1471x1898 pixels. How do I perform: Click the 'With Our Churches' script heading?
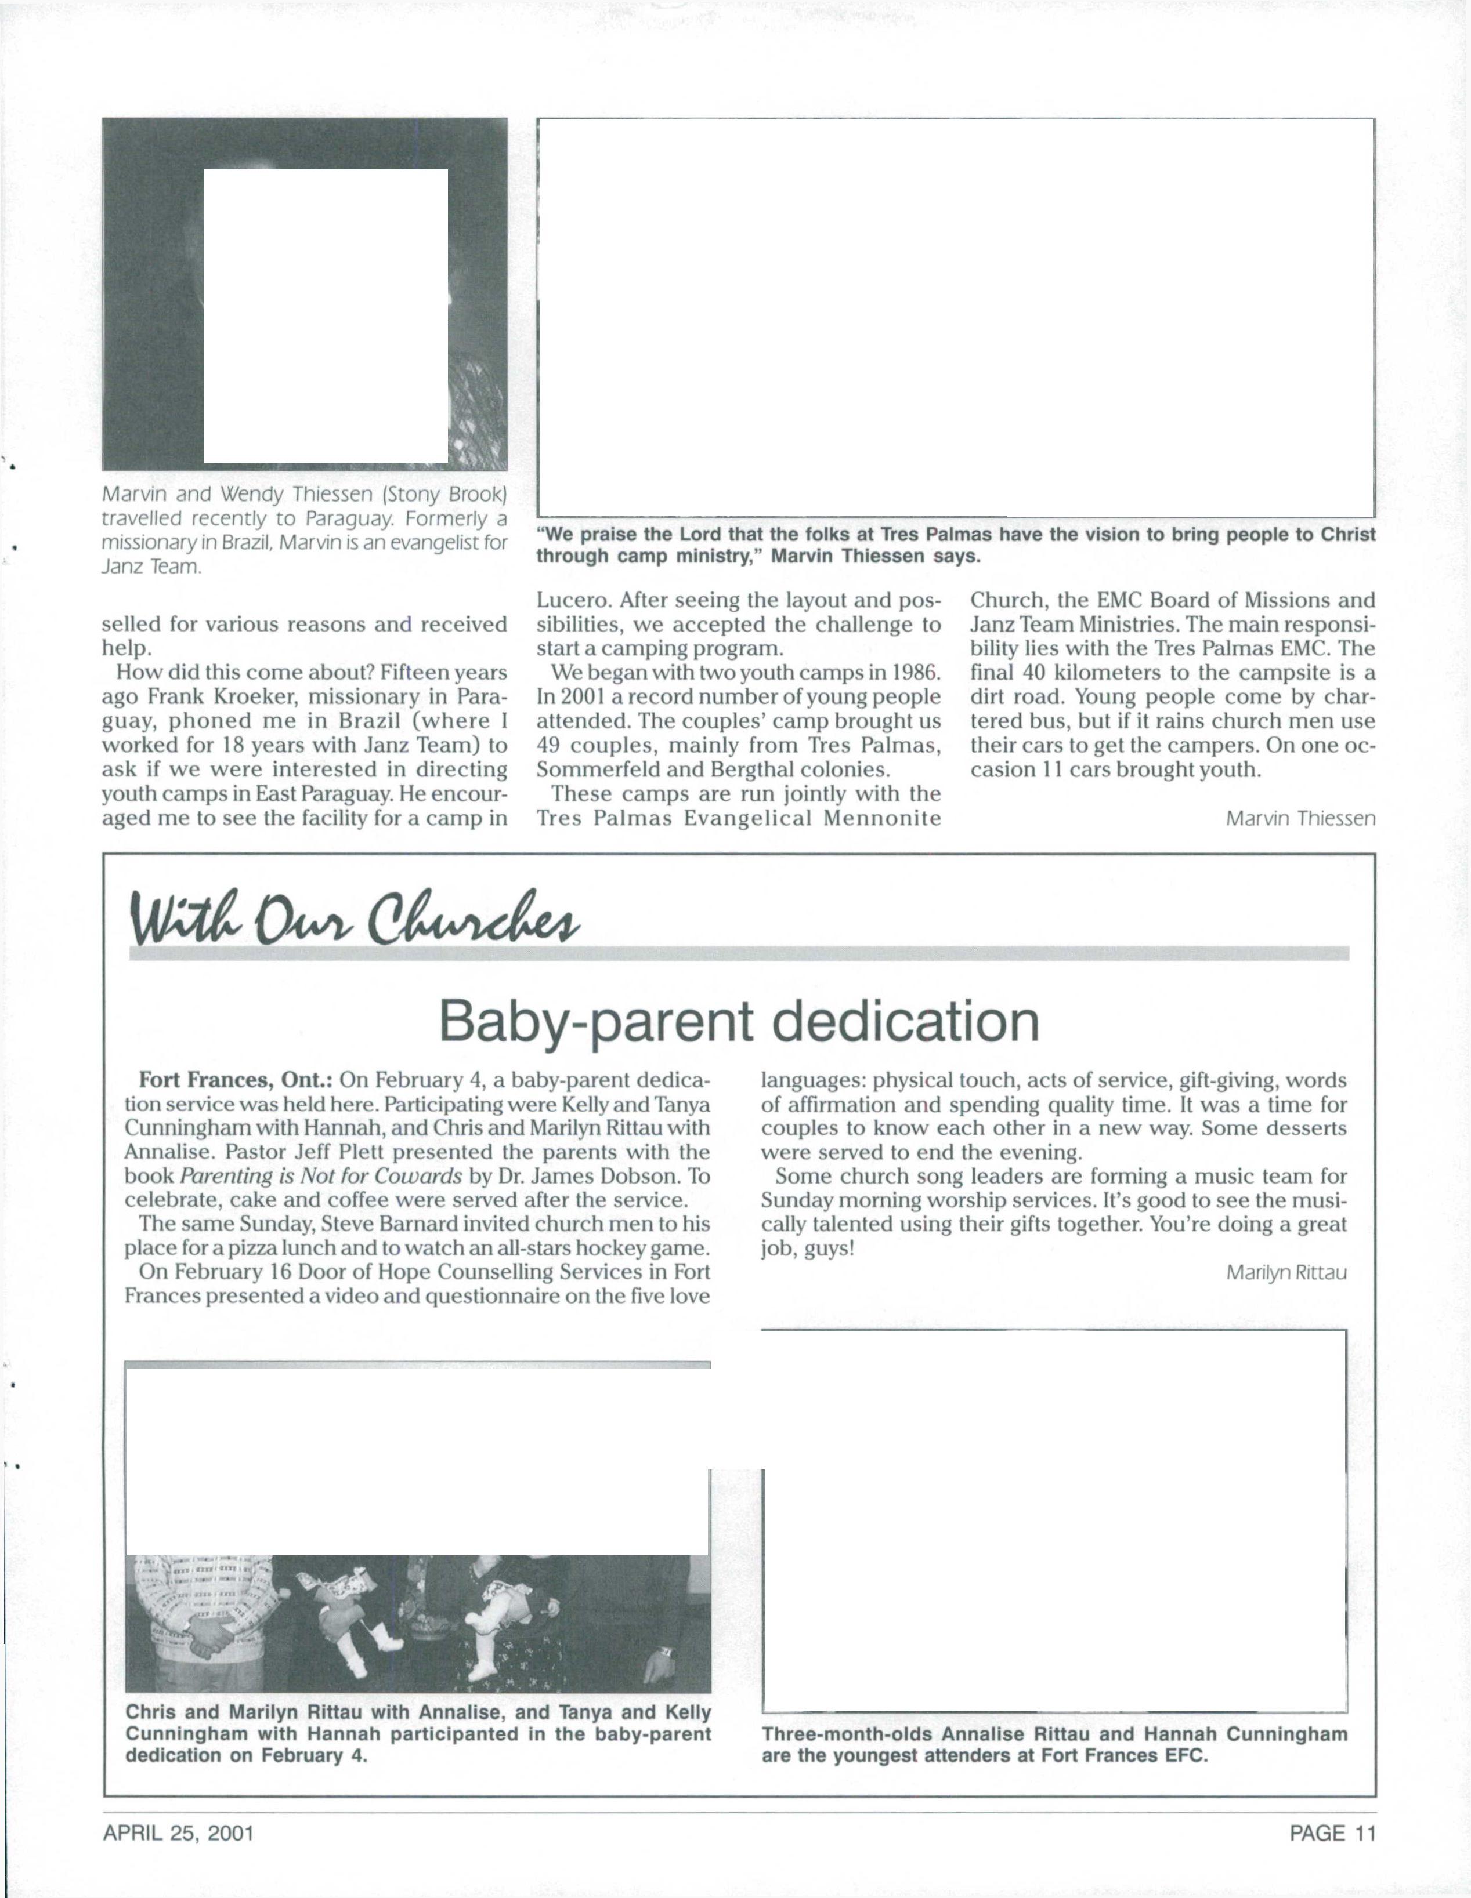(355, 913)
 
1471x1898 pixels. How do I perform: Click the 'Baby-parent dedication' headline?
(739, 1022)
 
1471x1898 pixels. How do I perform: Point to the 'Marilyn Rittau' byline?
(1286, 1273)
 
